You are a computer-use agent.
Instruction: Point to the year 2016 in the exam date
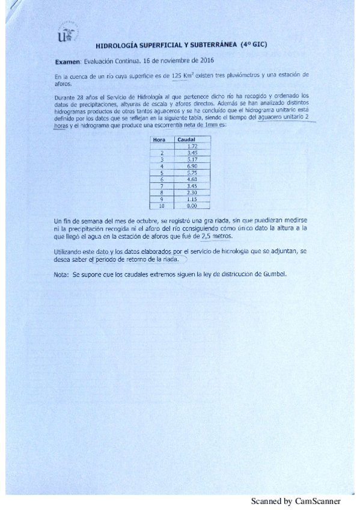(x=206, y=61)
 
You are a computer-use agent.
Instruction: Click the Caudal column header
(x=189, y=140)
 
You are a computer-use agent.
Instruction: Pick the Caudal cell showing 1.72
(x=192, y=146)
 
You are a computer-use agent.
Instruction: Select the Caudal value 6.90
(x=192, y=165)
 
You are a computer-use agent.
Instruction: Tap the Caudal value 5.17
(x=192, y=159)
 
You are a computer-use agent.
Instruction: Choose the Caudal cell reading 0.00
(x=192, y=205)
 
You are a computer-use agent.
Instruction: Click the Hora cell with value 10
(x=161, y=205)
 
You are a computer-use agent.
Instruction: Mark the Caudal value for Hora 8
(x=192, y=192)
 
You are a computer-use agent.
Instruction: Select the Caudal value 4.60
(x=192, y=179)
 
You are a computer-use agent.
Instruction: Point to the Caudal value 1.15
(x=192, y=198)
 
